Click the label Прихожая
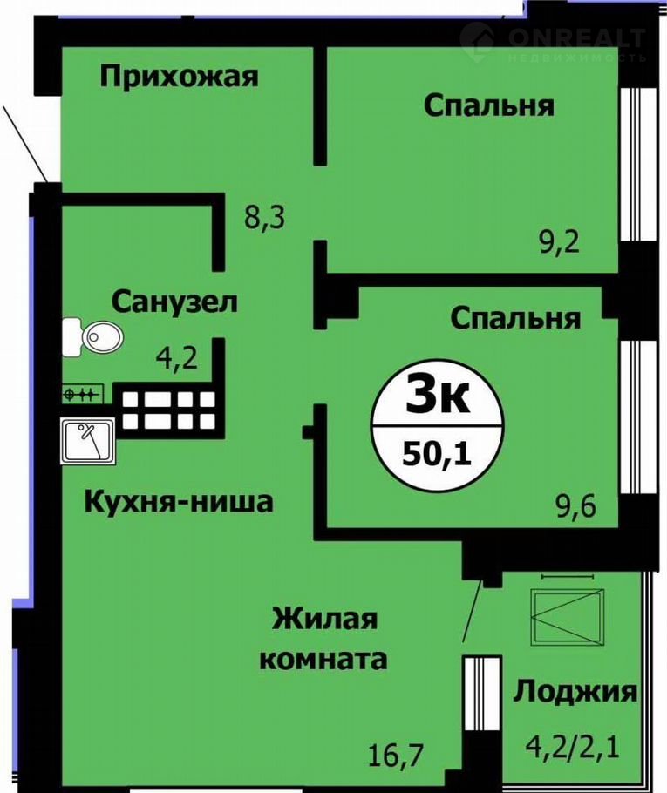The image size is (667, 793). tap(179, 78)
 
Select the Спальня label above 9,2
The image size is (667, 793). tap(489, 106)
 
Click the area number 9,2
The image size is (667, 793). tap(558, 243)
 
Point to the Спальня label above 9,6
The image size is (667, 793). tap(515, 319)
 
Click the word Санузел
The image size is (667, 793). tap(174, 302)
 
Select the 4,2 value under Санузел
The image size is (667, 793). tap(177, 360)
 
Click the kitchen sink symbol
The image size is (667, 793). tap(88, 441)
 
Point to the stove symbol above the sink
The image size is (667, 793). tap(83, 394)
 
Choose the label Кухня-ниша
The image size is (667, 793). tap(179, 502)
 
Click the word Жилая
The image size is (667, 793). tap(325, 619)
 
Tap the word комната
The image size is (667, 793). tap(323, 659)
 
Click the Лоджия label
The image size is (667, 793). tap(575, 691)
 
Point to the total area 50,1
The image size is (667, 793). tap(437, 455)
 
